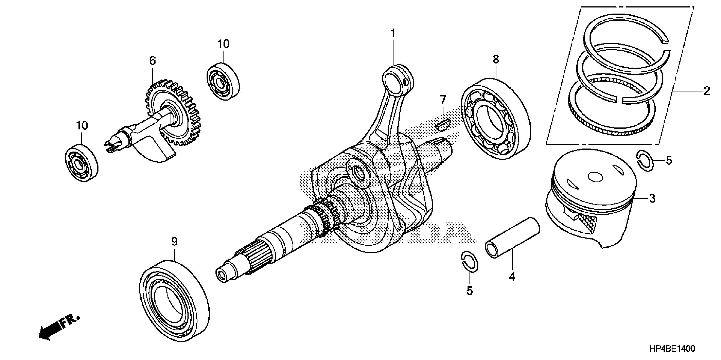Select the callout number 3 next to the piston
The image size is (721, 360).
652,199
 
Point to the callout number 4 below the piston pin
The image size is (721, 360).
512,277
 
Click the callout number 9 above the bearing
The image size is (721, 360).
174,241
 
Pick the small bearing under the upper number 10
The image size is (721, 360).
223,82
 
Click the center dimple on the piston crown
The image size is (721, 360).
595,177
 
